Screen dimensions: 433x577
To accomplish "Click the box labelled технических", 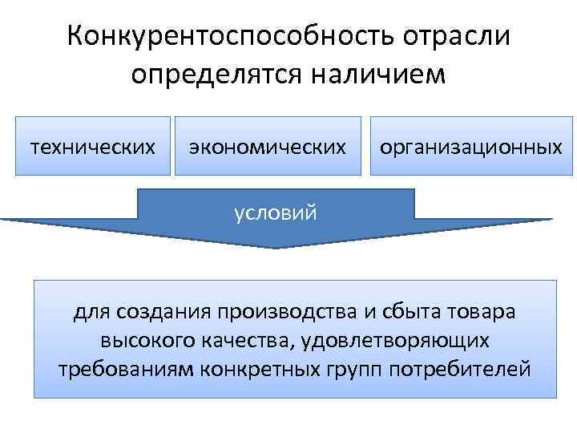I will tap(93, 147).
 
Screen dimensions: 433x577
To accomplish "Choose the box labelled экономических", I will tap(268, 147).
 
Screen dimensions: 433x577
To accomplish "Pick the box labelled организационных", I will tap(471, 147).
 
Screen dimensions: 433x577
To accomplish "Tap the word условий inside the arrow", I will tap(276, 213).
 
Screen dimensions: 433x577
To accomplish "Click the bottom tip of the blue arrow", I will tap(276, 246).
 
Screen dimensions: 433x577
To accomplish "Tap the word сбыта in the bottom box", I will tap(392, 311).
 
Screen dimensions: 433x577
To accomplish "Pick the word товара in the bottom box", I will tap(474, 311).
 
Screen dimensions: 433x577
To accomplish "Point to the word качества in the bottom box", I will tap(238, 340).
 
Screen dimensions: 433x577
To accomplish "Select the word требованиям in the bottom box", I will tap(117, 369).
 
